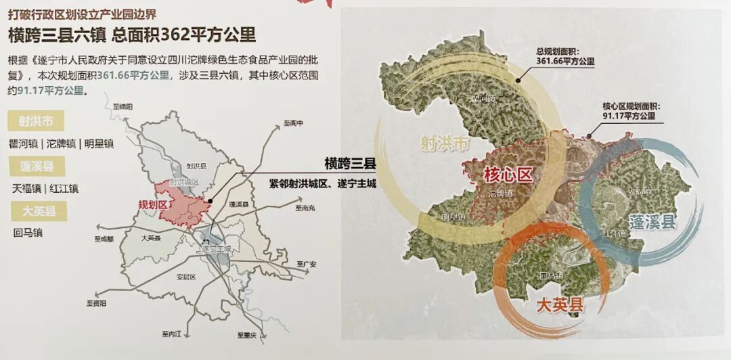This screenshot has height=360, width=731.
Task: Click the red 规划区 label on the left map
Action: coord(152,204)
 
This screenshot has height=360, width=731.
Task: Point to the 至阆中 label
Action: coord(294,124)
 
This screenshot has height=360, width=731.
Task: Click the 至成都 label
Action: coord(106,239)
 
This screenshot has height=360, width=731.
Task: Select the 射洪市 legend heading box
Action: coord(36,122)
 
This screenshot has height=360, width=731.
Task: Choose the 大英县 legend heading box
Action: coord(36,211)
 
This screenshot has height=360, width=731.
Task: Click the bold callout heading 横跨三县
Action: coord(350,164)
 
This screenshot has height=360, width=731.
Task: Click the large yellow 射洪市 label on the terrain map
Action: coord(444,143)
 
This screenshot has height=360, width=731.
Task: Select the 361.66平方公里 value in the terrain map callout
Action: coord(564,61)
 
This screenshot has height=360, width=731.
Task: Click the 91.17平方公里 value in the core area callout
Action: coord(629,116)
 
